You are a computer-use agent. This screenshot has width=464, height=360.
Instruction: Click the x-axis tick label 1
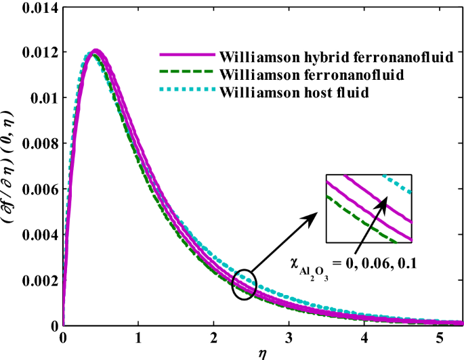coord(138,337)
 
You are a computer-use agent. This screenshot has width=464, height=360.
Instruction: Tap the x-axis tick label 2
coord(213,337)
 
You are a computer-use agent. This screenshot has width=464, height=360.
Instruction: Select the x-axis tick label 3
coord(289,337)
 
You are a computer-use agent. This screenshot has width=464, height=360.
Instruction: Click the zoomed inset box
coord(369,208)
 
